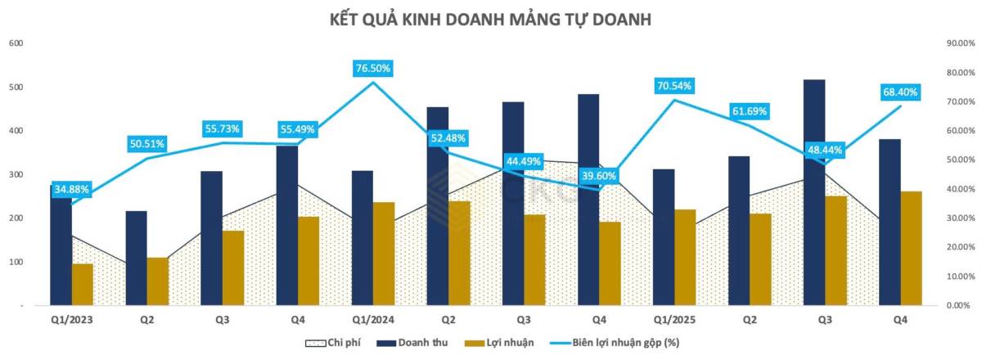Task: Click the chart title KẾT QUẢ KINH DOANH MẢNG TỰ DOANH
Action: point(490,19)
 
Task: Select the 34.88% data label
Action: point(73,190)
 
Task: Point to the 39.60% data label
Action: point(599,176)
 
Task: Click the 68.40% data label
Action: point(899,92)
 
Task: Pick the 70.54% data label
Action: point(674,85)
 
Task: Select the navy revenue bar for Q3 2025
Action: point(814,191)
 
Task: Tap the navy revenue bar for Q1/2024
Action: point(363,237)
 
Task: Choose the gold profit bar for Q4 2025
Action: point(911,248)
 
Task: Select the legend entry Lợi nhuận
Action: point(507,342)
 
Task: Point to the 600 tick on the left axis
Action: point(16,43)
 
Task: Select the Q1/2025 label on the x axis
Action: point(674,322)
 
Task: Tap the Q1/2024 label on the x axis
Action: point(373,322)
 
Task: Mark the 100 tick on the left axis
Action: point(16,262)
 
